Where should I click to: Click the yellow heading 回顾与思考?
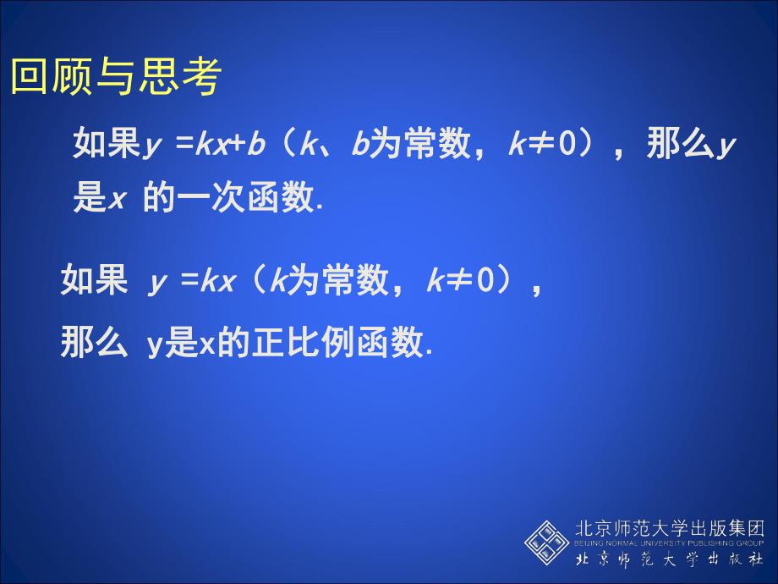[115, 77]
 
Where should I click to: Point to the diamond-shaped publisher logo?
[546, 543]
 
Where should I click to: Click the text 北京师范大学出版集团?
[668, 527]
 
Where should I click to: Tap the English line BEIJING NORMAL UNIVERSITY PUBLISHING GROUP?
[668, 543]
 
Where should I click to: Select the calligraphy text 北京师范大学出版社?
[668, 560]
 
